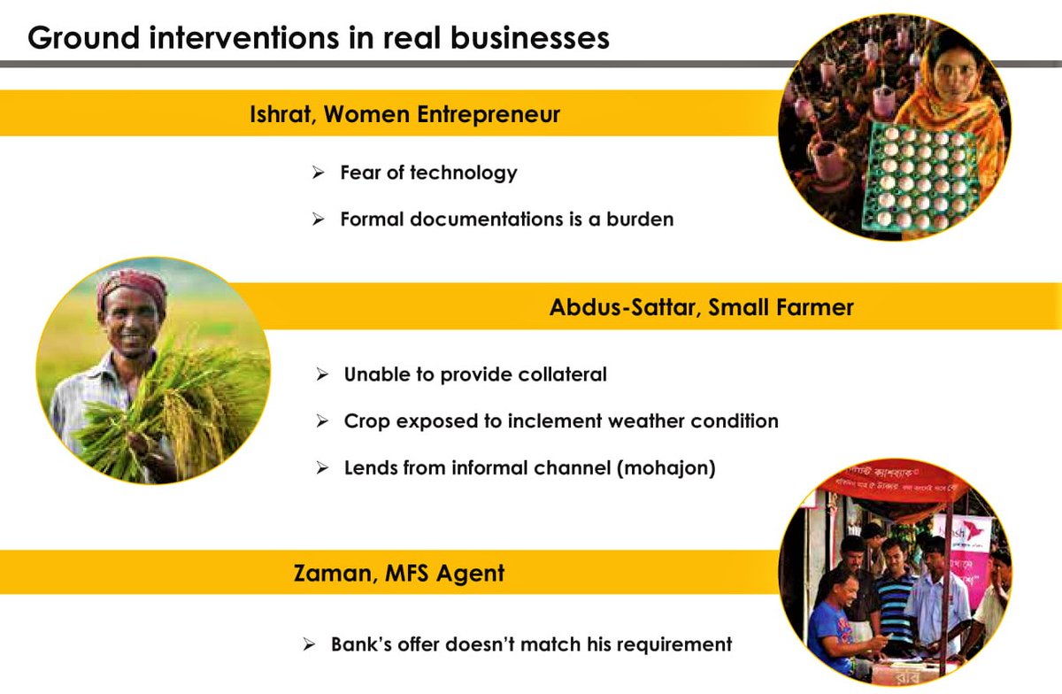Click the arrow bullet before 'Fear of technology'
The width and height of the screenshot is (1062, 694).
pyautogui.click(x=318, y=173)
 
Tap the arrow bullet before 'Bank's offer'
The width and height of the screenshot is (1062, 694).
pyautogui.click(x=309, y=645)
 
